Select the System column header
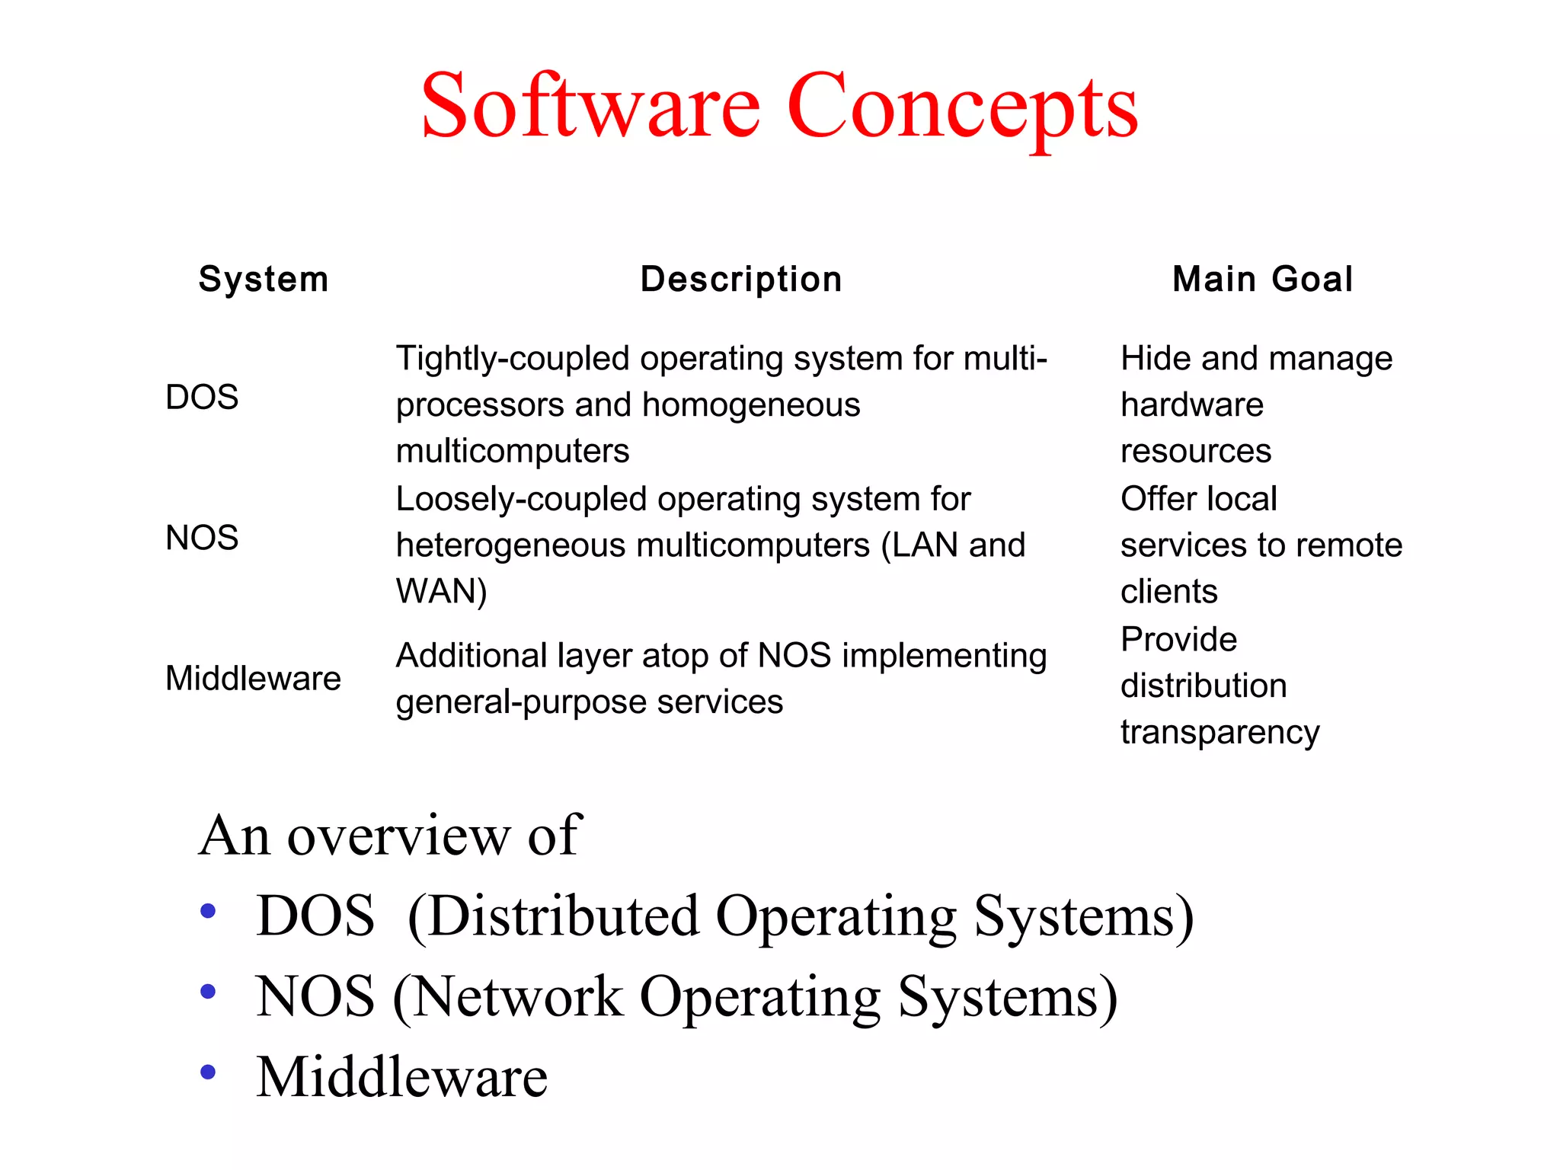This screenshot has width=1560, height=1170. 264,279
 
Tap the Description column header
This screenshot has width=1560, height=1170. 741,279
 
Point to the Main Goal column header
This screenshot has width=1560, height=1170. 1263,279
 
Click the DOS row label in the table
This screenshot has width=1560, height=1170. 202,397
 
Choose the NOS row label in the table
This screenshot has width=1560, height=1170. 202,538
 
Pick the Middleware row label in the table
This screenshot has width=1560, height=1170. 253,678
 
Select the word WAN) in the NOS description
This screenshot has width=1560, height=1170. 441,591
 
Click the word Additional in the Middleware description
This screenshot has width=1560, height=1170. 472,655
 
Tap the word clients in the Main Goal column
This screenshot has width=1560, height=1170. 1168,591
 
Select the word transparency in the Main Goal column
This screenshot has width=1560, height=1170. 1220,733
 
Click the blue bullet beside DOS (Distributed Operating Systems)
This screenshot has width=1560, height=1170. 207,911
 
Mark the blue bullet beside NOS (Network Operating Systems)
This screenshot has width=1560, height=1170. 207,992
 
